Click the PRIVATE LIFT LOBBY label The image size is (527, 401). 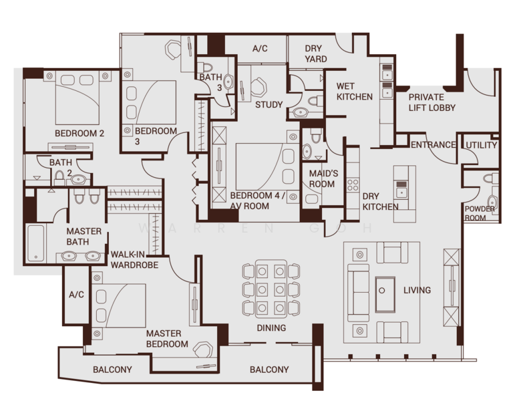pyautogui.click(x=432, y=102)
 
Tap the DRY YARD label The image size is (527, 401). pyautogui.click(x=315, y=53)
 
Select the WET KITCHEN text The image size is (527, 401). pyautogui.click(x=355, y=92)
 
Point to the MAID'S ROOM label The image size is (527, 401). pyautogui.click(x=323, y=178)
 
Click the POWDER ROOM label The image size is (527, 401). pyautogui.click(x=480, y=213)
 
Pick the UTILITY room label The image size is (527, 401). pyautogui.click(x=482, y=145)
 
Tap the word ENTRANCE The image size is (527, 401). pyautogui.click(x=433, y=144)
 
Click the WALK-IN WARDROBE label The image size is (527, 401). pyautogui.click(x=134, y=259)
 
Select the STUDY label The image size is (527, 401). pyautogui.click(x=269, y=105)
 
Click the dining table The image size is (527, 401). pyautogui.click(x=271, y=289)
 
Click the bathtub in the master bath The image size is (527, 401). pyautogui.click(x=35, y=243)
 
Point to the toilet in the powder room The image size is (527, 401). pyautogui.click(x=491, y=178)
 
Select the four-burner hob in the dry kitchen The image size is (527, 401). pyautogui.click(x=353, y=185)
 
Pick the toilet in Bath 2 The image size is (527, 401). pyautogui.click(x=59, y=178)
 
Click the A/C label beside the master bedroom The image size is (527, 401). pyautogui.click(x=77, y=295)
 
